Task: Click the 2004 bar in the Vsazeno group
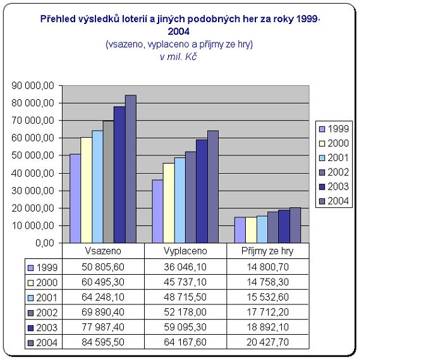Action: (x=131, y=169)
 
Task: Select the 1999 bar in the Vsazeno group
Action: (x=75, y=198)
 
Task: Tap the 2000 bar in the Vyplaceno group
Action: (x=169, y=203)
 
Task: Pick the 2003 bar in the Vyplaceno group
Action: (x=202, y=191)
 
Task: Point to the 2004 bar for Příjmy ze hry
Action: (x=295, y=225)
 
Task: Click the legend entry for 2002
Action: (x=334, y=172)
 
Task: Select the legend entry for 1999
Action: (x=334, y=129)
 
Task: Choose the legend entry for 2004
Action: (x=334, y=201)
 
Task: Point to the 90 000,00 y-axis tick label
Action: (x=39, y=85)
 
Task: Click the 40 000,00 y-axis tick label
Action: (x=39, y=173)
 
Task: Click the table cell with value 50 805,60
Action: (x=104, y=267)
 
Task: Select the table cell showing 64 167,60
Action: (x=185, y=343)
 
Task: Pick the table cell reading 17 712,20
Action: (x=267, y=313)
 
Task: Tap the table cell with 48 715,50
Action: (x=185, y=297)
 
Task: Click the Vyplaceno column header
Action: (x=185, y=251)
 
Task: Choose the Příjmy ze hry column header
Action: (x=267, y=251)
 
